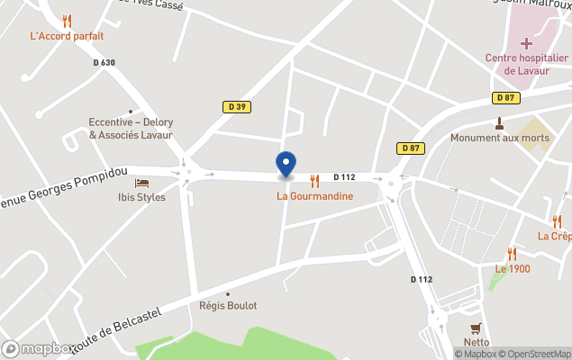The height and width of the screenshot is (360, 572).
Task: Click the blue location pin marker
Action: click(x=286, y=164)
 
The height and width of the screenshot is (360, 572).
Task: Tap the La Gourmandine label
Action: click(x=314, y=196)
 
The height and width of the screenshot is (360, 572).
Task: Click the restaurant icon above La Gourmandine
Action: click(x=314, y=180)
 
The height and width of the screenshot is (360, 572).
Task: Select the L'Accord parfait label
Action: click(x=67, y=36)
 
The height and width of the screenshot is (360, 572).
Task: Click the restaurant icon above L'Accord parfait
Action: click(x=67, y=21)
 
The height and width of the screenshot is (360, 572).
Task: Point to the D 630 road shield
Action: click(x=104, y=62)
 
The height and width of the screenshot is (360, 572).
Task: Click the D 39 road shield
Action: click(x=236, y=106)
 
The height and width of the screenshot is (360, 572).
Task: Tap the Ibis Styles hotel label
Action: click(x=142, y=197)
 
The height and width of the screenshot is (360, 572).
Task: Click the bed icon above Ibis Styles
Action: click(x=141, y=183)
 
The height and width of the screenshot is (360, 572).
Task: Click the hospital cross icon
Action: click(x=527, y=42)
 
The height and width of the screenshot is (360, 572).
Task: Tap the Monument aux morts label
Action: click(x=499, y=138)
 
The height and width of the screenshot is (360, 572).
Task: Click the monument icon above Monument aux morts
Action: click(x=499, y=122)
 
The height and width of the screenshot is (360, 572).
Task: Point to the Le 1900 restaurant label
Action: click(x=513, y=268)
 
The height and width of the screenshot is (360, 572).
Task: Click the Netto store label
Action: click(x=477, y=342)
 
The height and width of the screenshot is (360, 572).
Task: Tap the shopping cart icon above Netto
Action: click(x=476, y=328)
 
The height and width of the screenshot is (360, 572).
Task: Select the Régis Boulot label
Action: click(x=228, y=306)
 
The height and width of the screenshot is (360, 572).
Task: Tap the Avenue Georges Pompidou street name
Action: click(x=63, y=186)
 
